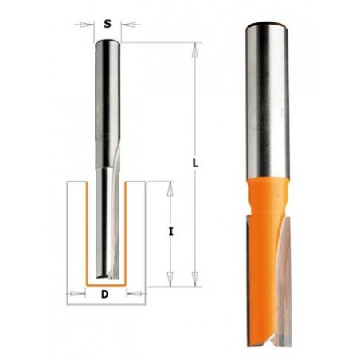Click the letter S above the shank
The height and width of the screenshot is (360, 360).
(107, 23)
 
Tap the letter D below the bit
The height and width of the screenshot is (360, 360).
(106, 295)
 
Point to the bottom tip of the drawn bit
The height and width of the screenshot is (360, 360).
(106, 279)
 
